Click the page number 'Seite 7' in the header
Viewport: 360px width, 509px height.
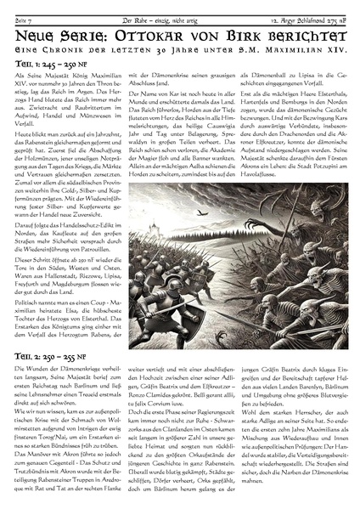pyautogui.click(x=14, y=7)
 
